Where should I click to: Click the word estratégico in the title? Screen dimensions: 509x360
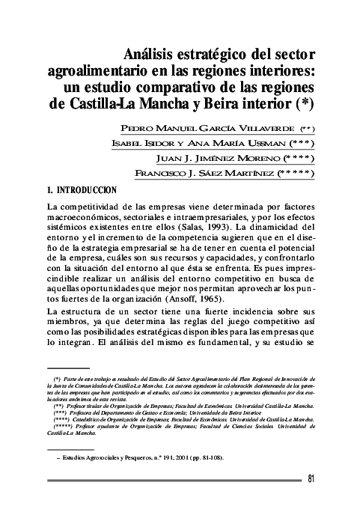click(197, 55)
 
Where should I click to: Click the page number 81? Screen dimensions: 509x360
click(312, 480)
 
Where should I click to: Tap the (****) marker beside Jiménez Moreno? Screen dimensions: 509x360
click(294, 159)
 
